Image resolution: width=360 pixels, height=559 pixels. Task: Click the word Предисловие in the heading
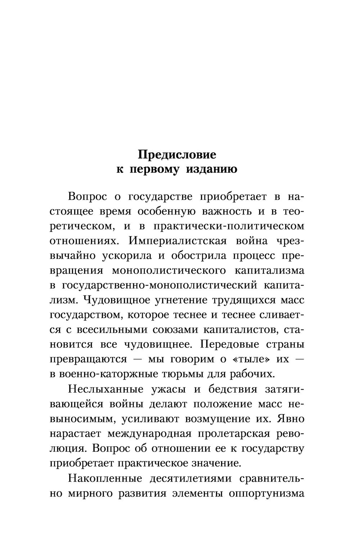pyautogui.click(x=177, y=155)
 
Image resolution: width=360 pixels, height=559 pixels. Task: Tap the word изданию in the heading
pyautogui.click(x=211, y=169)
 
